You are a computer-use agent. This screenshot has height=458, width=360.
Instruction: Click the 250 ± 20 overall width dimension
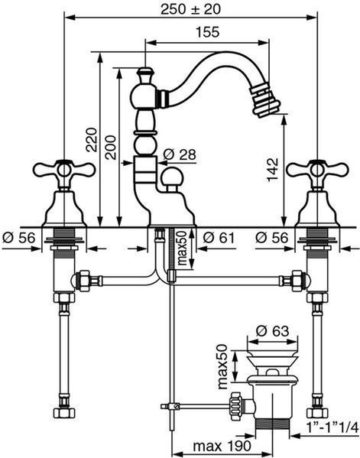(190, 9)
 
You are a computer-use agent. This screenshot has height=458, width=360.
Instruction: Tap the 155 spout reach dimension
(207, 32)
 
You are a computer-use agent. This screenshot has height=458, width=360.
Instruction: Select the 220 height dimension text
(91, 139)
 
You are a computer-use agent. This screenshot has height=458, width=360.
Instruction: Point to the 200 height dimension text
(111, 148)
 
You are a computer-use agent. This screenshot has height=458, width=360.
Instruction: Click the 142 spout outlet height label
(274, 170)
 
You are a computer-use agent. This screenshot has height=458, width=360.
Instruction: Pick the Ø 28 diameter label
(180, 154)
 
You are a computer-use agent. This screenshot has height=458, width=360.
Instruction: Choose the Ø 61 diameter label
(219, 238)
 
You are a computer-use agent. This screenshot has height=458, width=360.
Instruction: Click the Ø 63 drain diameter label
(272, 331)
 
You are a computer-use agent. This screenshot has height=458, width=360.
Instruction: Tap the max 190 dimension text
(222, 446)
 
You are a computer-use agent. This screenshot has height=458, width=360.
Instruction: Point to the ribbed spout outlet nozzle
(264, 100)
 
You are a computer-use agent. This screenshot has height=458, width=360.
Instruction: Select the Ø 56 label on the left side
(19, 238)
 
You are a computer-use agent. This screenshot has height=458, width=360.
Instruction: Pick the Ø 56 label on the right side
(272, 238)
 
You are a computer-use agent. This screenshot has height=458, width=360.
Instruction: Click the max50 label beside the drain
(222, 366)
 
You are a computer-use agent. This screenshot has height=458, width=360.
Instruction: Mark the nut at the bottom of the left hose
(64, 413)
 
